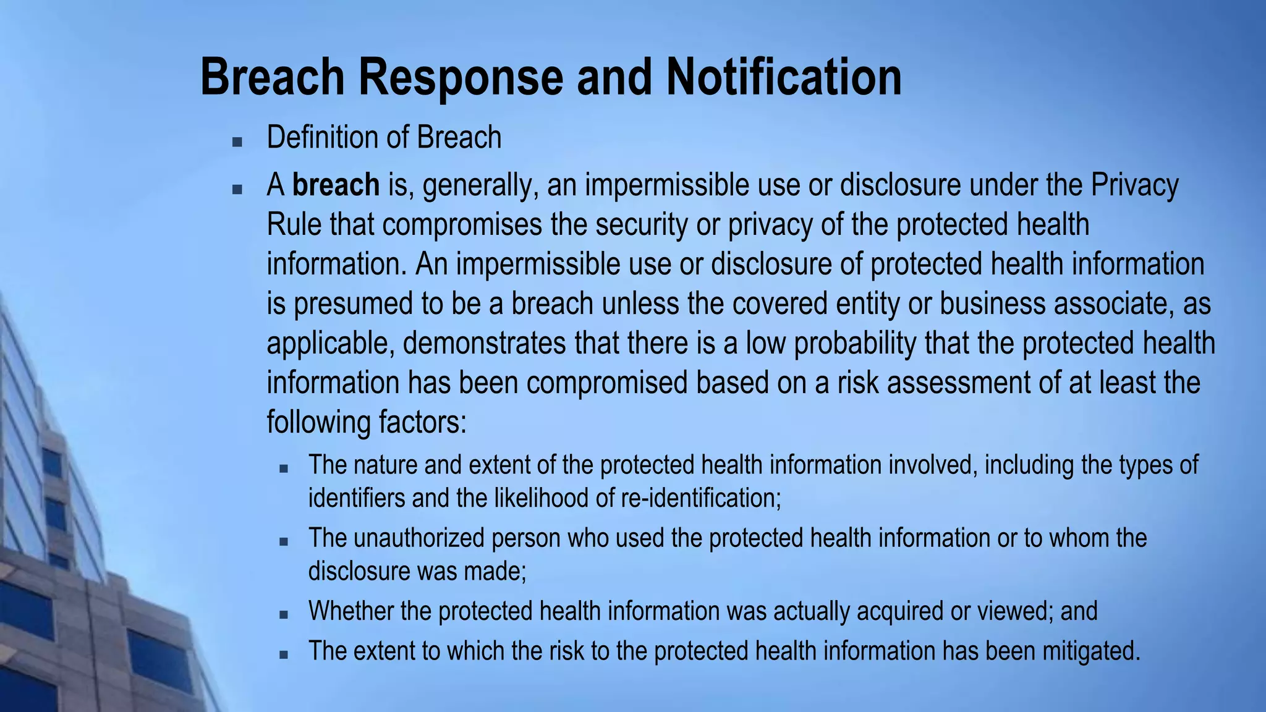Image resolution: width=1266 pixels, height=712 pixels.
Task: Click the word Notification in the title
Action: point(783,77)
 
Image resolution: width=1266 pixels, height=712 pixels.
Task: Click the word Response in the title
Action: point(461,77)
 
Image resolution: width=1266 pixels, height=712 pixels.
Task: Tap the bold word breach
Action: point(336,185)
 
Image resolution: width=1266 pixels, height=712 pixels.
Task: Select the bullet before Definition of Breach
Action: point(237,142)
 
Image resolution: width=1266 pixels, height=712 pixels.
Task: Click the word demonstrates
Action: point(484,343)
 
